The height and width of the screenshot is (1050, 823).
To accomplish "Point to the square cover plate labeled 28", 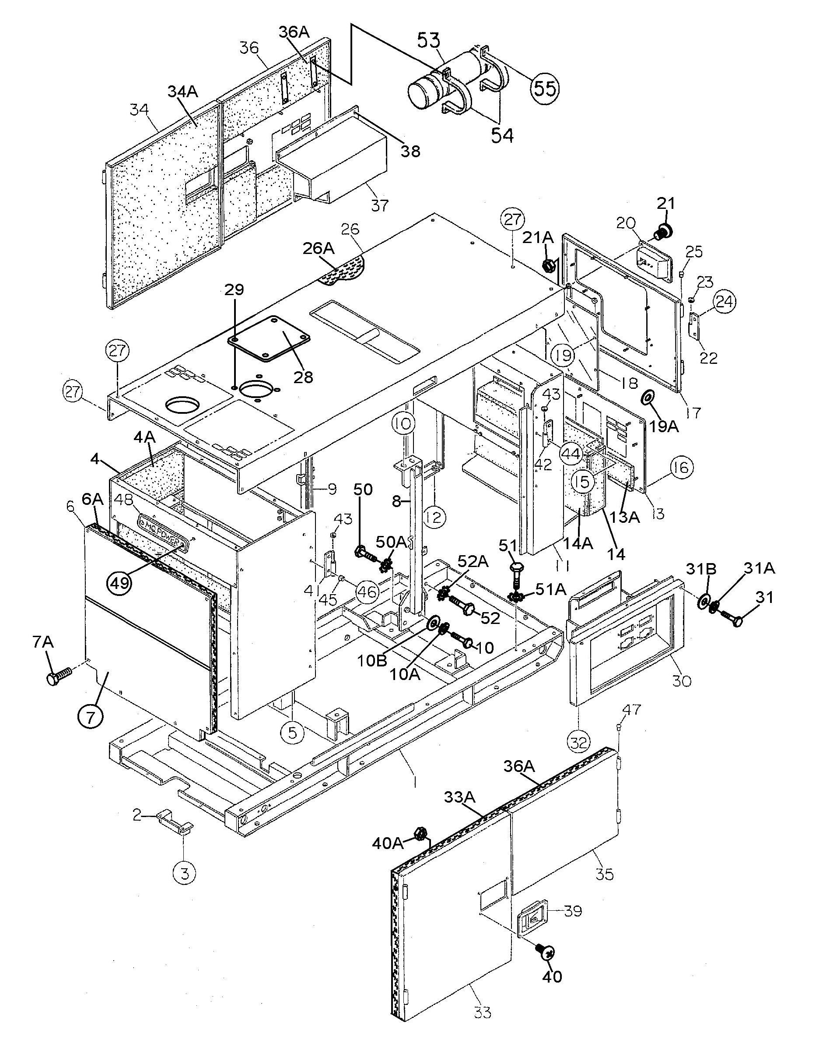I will [x=270, y=339].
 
